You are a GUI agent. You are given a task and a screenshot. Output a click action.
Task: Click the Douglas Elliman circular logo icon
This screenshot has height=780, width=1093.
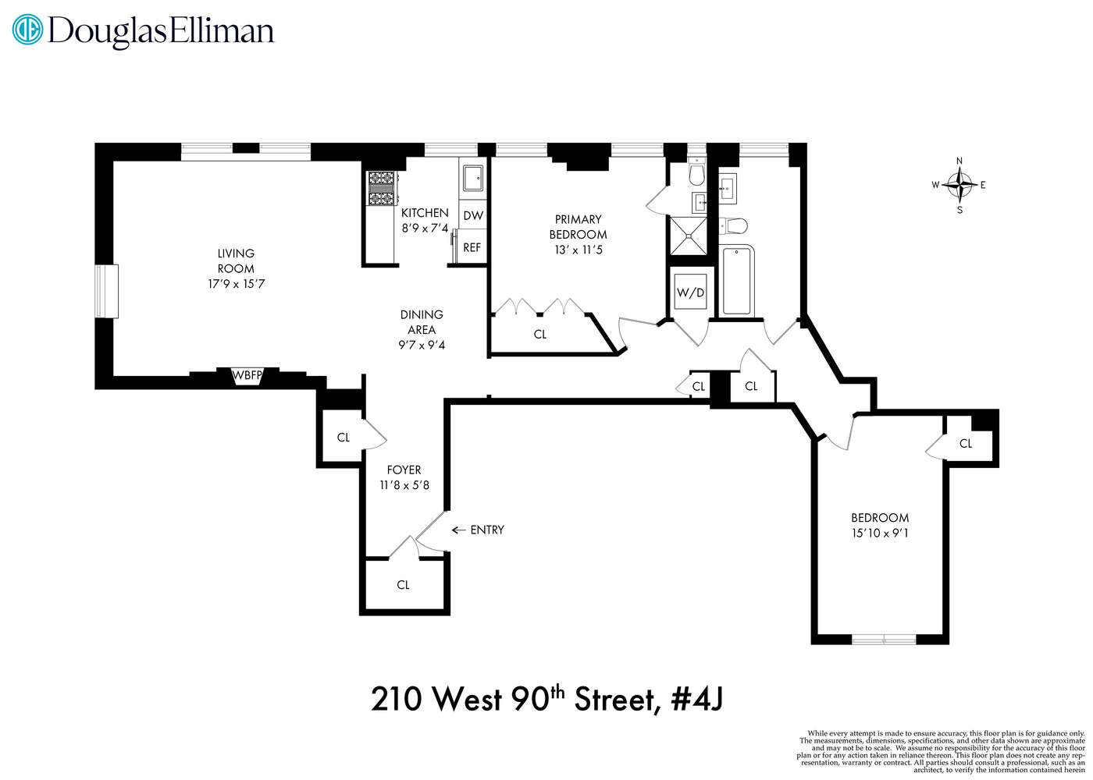point(28,30)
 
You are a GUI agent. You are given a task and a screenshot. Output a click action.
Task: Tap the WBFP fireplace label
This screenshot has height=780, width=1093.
point(247,376)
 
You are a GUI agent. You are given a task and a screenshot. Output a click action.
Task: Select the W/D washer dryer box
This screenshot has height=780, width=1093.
point(690,292)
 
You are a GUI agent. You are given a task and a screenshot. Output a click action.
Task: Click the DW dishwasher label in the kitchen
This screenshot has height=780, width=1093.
point(473,215)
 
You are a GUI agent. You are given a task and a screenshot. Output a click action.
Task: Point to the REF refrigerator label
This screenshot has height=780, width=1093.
point(472,247)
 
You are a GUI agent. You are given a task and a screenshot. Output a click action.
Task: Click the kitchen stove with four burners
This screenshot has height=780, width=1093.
point(382,188)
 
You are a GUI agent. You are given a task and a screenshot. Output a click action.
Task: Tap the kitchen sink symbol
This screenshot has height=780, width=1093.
point(472,178)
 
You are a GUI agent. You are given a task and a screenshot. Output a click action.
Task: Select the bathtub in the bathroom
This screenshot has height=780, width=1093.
point(738,280)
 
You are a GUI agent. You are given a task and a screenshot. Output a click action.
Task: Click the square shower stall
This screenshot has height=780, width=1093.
point(688,236)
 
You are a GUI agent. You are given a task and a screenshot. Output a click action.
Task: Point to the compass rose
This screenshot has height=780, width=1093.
point(959,186)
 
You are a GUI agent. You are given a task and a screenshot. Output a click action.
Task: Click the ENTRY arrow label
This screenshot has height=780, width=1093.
point(479,530)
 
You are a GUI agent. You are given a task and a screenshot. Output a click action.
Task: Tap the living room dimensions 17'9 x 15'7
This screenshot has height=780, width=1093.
point(236,284)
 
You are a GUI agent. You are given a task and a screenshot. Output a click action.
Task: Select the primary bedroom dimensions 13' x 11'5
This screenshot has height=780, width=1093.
point(579,250)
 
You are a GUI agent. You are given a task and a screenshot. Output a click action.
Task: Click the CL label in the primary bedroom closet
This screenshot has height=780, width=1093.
point(540,334)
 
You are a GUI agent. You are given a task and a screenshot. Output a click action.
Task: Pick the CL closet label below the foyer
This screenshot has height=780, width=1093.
point(403,585)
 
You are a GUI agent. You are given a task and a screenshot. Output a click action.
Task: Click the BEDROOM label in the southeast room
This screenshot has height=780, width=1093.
point(880,518)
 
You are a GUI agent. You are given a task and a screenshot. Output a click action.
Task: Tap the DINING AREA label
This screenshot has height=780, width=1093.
point(422,321)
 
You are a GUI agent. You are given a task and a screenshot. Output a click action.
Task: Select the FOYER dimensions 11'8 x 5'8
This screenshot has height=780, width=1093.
point(404,485)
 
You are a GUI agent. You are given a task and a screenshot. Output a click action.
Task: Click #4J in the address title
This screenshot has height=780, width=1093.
point(697,698)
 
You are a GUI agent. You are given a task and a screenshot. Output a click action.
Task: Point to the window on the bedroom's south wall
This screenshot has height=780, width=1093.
point(884,640)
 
